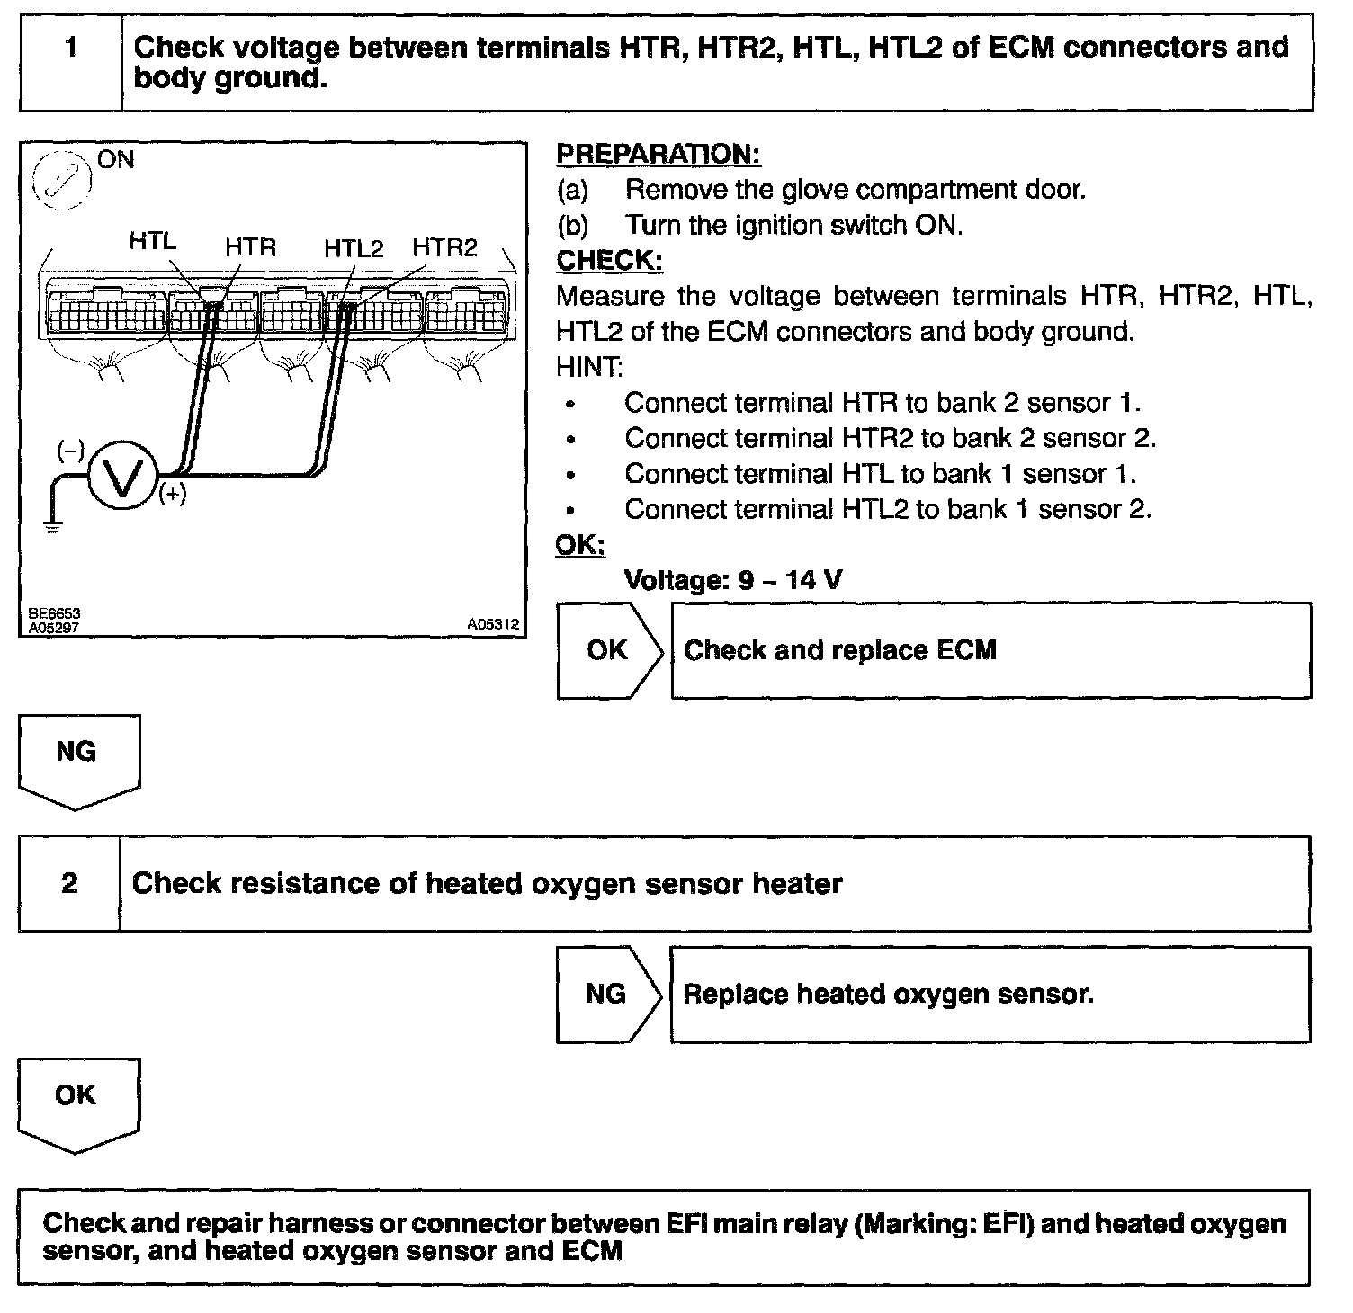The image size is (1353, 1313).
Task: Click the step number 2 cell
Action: pyautogui.click(x=69, y=883)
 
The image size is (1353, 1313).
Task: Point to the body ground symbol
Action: pyautogui.click(x=53, y=525)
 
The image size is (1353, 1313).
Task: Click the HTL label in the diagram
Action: pyautogui.click(x=153, y=241)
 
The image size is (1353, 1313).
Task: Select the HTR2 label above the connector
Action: pyautogui.click(x=444, y=247)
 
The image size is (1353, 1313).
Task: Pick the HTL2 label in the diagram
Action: pyautogui.click(x=354, y=248)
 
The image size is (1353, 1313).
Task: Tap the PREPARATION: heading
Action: pyautogui.click(x=659, y=155)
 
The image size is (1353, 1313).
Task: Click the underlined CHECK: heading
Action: pyautogui.click(x=609, y=261)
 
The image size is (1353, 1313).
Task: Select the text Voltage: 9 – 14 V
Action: pyautogui.click(x=733, y=580)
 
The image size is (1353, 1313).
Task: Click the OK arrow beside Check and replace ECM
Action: pyautogui.click(x=609, y=650)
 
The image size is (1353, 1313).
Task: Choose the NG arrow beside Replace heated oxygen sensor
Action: pyautogui.click(x=607, y=994)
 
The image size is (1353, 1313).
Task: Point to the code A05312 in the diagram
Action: pyautogui.click(x=493, y=622)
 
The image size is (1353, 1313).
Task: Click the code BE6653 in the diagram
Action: pyautogui.click(x=54, y=613)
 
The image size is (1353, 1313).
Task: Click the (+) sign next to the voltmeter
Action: pyautogui.click(x=173, y=493)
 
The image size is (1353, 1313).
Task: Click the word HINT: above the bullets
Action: pyautogui.click(x=589, y=367)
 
